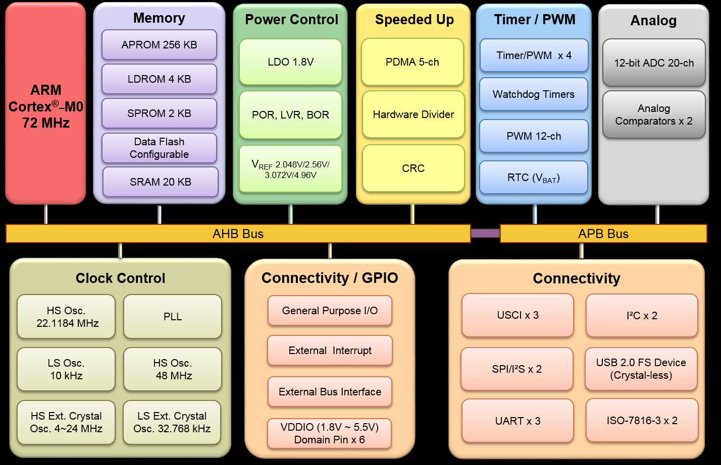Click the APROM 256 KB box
pos(159,45)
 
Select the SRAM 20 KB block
pos(161,182)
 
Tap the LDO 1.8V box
pos(290,62)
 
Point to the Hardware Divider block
pos(413,114)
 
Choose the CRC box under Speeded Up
pos(413,168)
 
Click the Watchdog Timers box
pos(534,94)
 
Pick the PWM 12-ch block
pos(534,136)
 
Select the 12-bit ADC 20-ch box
pos(654,63)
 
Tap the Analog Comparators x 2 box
pos(654,114)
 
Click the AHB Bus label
pos(238,234)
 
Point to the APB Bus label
pos(603,234)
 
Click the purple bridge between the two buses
pos(485,233)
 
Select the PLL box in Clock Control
pos(173,317)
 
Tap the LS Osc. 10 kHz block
pos(66,369)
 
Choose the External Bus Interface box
pos(330,392)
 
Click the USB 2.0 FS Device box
pos(641,369)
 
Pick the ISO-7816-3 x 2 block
pos(642,421)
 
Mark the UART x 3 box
pos(518,421)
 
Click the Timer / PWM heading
pos(534,20)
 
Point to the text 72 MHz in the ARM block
pos(46,123)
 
